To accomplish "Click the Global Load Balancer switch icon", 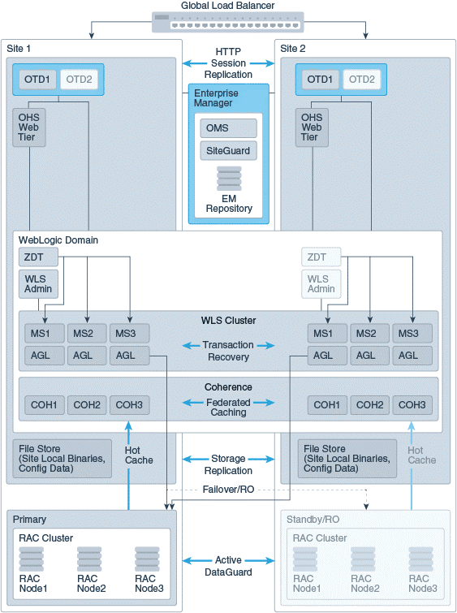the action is pos(227,22).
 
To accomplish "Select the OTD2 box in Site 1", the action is pos(79,80).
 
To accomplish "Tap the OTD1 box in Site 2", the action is pos(320,80).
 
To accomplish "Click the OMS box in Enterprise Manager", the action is pos(228,128).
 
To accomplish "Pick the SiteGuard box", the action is pos(228,150).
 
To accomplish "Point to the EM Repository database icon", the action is pos(229,179).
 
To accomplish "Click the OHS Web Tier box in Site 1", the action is pos(29,127).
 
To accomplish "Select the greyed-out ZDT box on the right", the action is pos(321,257).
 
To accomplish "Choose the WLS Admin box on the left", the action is pos(38,284).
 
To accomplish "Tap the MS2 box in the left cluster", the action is pos(87,334).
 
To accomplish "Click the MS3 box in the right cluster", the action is pos(412,334).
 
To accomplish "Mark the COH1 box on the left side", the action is pos(44,405).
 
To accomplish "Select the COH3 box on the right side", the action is pos(412,405).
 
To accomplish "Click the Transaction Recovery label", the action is pos(228,351).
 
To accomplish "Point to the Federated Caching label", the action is pos(228,407).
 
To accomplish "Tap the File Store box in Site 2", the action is pos(347,459).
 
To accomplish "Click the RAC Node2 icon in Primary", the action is pos(89,559).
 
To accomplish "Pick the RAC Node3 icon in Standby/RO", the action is pos(421,559).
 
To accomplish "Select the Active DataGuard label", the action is pos(228,566).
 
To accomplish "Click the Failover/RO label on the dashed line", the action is pos(228,490).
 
